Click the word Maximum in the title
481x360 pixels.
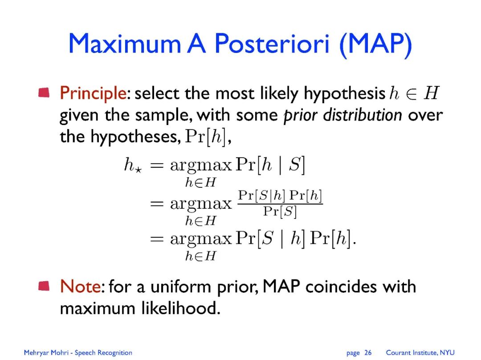click(x=125, y=43)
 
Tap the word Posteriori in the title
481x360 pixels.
click(x=272, y=43)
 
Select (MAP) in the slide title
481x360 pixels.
click(x=375, y=45)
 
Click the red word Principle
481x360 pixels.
click(x=93, y=93)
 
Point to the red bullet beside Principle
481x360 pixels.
click(x=44, y=92)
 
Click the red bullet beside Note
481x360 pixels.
click(x=44, y=286)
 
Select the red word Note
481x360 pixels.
click(x=80, y=287)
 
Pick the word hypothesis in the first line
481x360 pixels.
click(x=344, y=94)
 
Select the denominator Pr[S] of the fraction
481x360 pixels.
click(x=280, y=212)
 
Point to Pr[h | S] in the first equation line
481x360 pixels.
click(x=270, y=165)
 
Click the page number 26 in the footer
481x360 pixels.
click(x=368, y=352)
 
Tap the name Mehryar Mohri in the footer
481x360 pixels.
click(x=46, y=352)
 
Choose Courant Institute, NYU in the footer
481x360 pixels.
click(x=420, y=352)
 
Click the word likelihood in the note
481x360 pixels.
click(x=181, y=308)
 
